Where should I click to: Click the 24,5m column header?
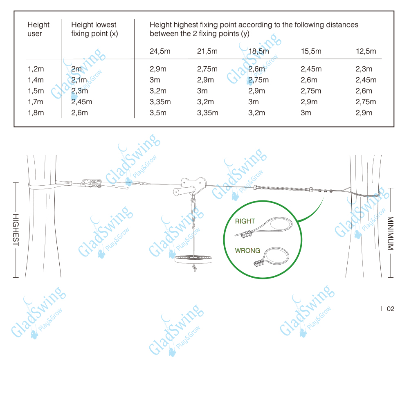pos(160,52)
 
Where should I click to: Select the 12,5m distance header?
pos(366,52)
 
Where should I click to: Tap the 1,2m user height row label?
pos(36,69)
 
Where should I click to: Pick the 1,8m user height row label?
pos(36,113)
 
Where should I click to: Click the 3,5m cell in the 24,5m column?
pos(158,113)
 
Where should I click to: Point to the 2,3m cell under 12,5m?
pos(364,69)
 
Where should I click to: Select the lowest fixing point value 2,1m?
pos(79,80)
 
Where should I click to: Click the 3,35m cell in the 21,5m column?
pos(208,113)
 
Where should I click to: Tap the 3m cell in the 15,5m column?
pos(306,113)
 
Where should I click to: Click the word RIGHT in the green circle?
pos(245,221)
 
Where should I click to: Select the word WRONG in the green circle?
pos(247,251)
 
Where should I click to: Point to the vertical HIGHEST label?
pos(16,230)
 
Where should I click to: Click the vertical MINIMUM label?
pos(391,233)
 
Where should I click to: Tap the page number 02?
pos(391,309)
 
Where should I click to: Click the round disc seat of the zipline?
pos(193,259)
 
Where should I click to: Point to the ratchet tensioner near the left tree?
pos(91,183)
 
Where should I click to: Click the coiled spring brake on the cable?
pos(283,188)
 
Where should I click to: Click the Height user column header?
pos(38,29)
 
